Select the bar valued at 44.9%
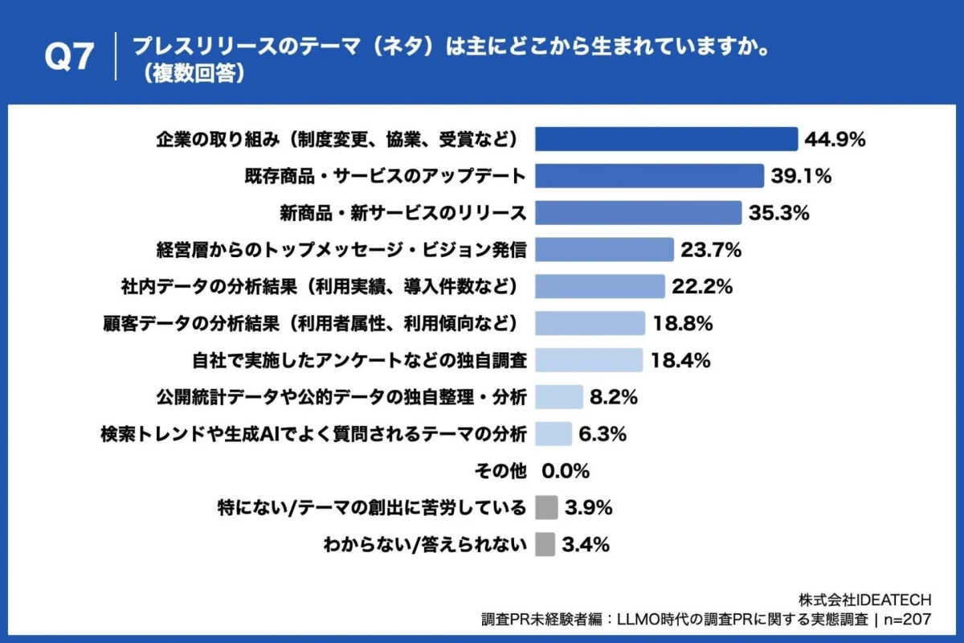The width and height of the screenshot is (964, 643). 666,139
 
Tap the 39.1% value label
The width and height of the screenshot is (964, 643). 801,176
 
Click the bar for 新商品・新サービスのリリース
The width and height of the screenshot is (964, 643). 638,213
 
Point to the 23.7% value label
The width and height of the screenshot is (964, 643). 711,250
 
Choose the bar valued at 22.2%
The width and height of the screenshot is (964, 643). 599,286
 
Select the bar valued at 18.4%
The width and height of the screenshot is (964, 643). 589,360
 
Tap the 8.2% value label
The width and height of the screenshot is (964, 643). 614,397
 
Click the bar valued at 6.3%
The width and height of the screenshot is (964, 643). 553,434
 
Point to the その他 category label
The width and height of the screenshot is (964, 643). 502,471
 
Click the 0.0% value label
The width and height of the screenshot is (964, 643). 566,471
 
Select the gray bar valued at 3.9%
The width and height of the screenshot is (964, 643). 546,508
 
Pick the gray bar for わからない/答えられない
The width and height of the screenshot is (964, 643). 545,545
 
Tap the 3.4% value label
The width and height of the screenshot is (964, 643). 586,545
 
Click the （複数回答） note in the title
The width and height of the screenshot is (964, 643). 190,73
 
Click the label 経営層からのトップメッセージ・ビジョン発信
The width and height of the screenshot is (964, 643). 341,250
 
